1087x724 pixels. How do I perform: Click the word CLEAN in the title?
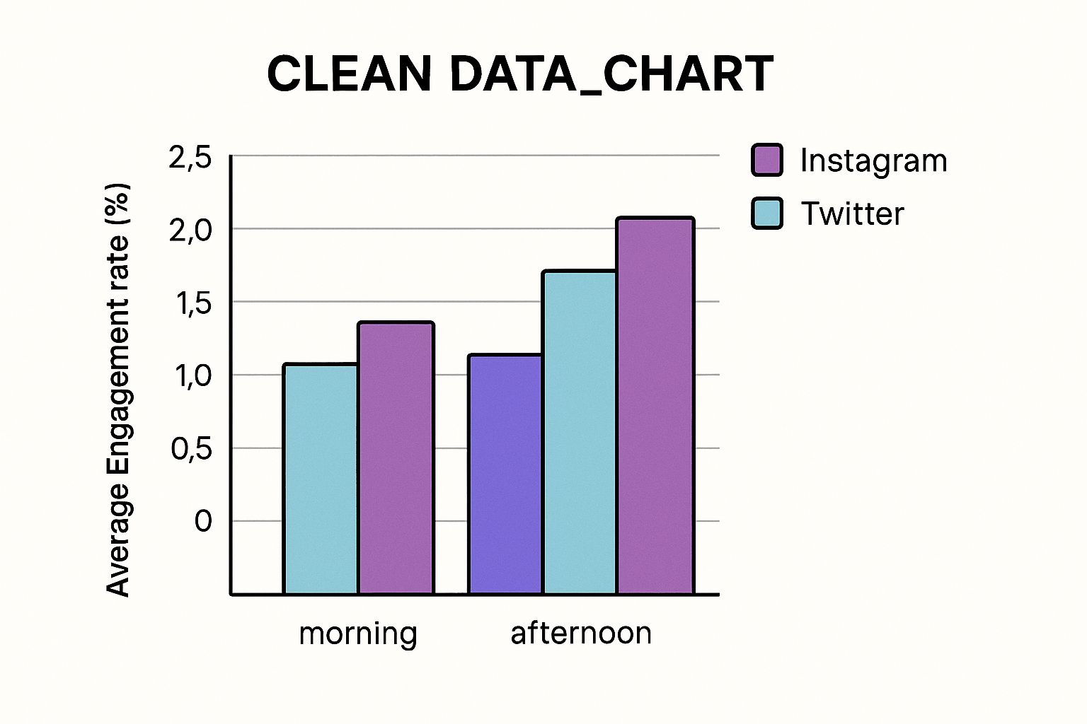tap(349, 74)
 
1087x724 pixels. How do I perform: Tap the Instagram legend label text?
tap(873, 160)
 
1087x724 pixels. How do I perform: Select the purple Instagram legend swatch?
tap(766, 160)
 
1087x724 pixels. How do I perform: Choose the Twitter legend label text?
tap(852, 214)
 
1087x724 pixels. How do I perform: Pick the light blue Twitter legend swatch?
tap(766, 213)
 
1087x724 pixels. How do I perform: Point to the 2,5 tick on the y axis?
tap(190, 157)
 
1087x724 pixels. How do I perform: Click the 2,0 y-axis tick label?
tap(190, 230)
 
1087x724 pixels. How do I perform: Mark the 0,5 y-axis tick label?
tap(191, 449)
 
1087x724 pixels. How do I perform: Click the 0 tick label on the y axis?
tap(202, 522)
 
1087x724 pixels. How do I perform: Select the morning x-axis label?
tap(357, 633)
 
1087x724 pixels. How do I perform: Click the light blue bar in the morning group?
tap(321, 479)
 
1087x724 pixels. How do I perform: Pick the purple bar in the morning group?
tap(396, 458)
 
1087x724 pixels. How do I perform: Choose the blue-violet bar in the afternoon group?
tap(505, 474)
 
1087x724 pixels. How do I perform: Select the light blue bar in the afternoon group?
tap(580, 432)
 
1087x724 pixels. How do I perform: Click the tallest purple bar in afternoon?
tap(655, 406)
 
